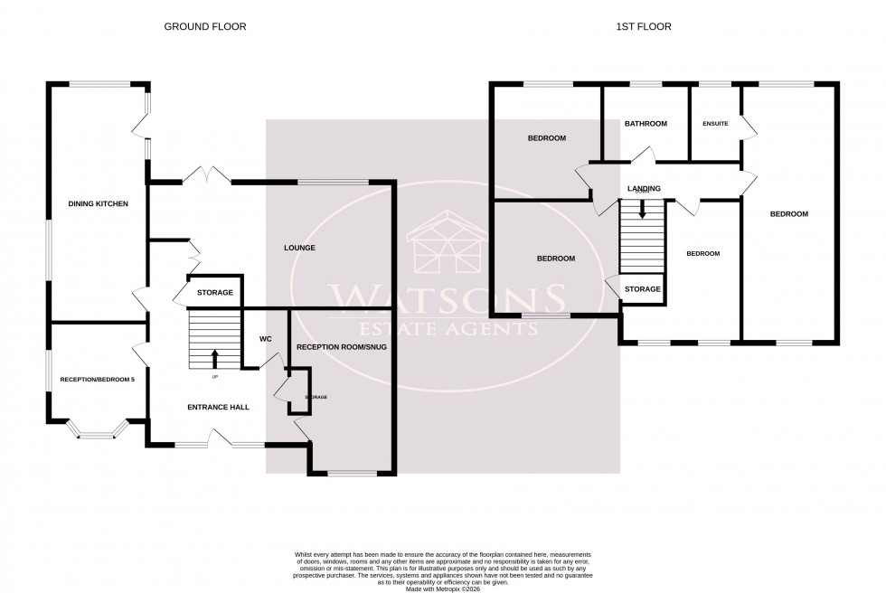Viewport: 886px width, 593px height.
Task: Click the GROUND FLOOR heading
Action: [204, 27]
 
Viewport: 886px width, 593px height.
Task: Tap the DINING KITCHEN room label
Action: [99, 204]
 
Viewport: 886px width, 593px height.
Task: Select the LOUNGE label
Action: [298, 248]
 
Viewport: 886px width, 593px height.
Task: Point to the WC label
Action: [266, 340]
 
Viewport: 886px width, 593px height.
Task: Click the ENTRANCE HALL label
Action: [218, 407]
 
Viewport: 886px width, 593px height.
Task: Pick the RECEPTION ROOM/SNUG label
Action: [341, 346]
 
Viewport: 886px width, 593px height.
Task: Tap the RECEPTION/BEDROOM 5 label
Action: [97, 380]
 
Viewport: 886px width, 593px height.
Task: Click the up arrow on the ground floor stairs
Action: [214, 357]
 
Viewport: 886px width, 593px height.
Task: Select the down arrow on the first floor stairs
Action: [642, 211]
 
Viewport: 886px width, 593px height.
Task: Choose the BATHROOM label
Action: [646, 124]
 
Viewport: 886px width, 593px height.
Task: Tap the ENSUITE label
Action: [715, 124]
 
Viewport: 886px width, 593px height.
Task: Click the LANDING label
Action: [644, 189]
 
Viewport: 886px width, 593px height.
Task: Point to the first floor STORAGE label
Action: [642, 289]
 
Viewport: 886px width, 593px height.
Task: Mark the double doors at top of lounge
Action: [209, 174]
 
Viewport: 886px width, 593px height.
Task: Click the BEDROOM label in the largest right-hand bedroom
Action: [788, 214]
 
